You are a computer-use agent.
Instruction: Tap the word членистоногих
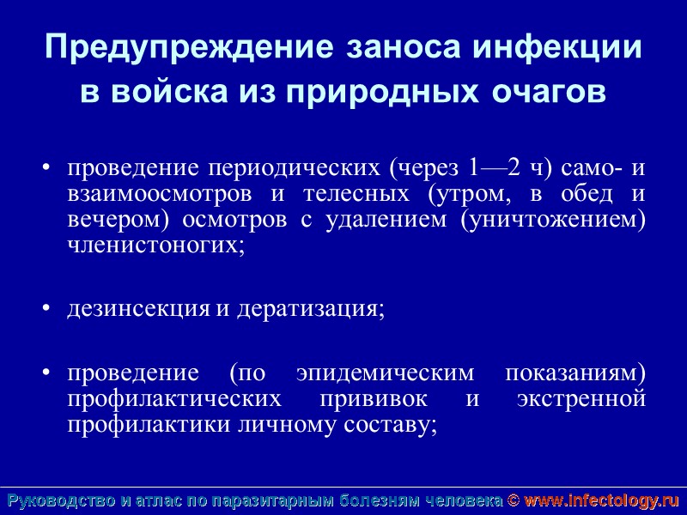pos(155,245)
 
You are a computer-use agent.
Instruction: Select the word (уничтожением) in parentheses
pos(553,220)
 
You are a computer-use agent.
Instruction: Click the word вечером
pos(117,220)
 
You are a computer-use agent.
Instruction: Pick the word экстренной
pos(582,400)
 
